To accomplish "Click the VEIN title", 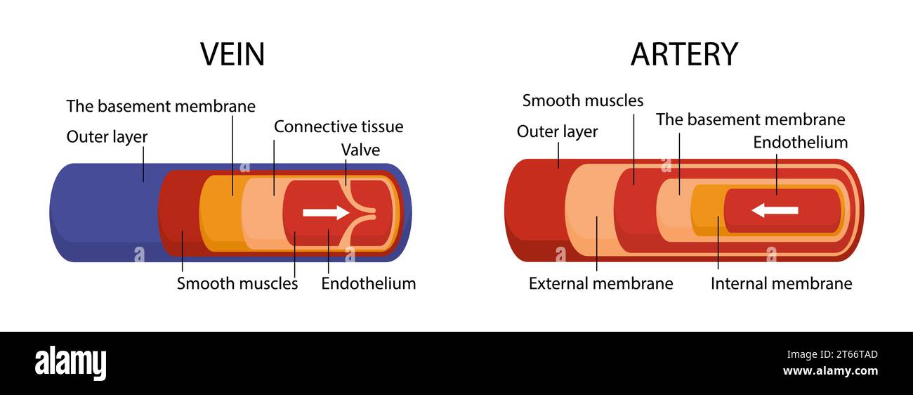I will pos(232,54).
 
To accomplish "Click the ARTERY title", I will pos(683,54).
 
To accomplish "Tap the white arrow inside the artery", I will pos(775,210).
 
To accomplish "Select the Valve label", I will pos(360,150).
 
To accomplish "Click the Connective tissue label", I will pos(339,127).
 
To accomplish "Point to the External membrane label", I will pos(600,283).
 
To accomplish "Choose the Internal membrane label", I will pos(781,283).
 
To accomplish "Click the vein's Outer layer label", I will pos(107,136).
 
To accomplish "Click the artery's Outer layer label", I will pos(557,131).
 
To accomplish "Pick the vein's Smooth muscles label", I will pos(237,283).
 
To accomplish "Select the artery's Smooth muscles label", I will pos(582,101).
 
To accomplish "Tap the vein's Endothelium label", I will pos(369,283).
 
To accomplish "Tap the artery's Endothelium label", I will pos(800,143).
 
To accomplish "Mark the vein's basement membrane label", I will pos(161,106).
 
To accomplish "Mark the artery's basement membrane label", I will pos(750,119).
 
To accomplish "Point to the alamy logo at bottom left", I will pos(70,363).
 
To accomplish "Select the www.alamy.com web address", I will pos(829,371).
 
